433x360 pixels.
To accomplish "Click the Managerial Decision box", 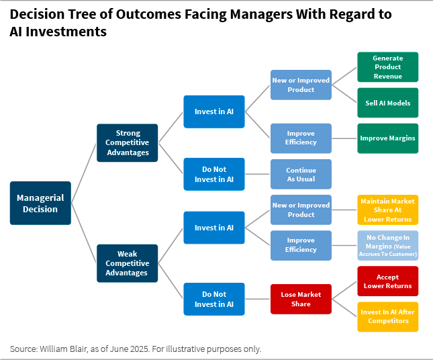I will [40, 203].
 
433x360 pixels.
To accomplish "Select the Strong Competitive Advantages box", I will [128, 143].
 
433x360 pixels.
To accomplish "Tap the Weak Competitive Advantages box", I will [128, 263].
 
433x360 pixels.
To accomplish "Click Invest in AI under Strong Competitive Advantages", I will [214, 111].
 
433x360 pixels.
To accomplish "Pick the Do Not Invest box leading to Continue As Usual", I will [214, 175].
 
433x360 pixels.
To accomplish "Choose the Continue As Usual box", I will [301, 175].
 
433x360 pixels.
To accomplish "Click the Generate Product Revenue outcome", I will [387, 67].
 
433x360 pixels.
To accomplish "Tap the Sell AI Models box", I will [387, 103].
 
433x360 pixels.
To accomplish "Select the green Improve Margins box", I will [387, 138].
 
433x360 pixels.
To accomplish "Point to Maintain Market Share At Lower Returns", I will [387, 210].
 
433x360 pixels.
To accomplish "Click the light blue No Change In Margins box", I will [387, 245].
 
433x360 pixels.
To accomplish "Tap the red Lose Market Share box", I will [301, 299].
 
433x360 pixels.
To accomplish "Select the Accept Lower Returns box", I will [387, 281].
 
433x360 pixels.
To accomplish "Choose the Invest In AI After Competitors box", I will [387, 316].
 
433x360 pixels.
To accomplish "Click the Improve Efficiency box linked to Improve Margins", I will [301, 138].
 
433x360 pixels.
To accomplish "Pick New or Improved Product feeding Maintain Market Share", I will [301, 210].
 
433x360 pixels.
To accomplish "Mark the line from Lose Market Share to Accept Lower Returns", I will [344, 290].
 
